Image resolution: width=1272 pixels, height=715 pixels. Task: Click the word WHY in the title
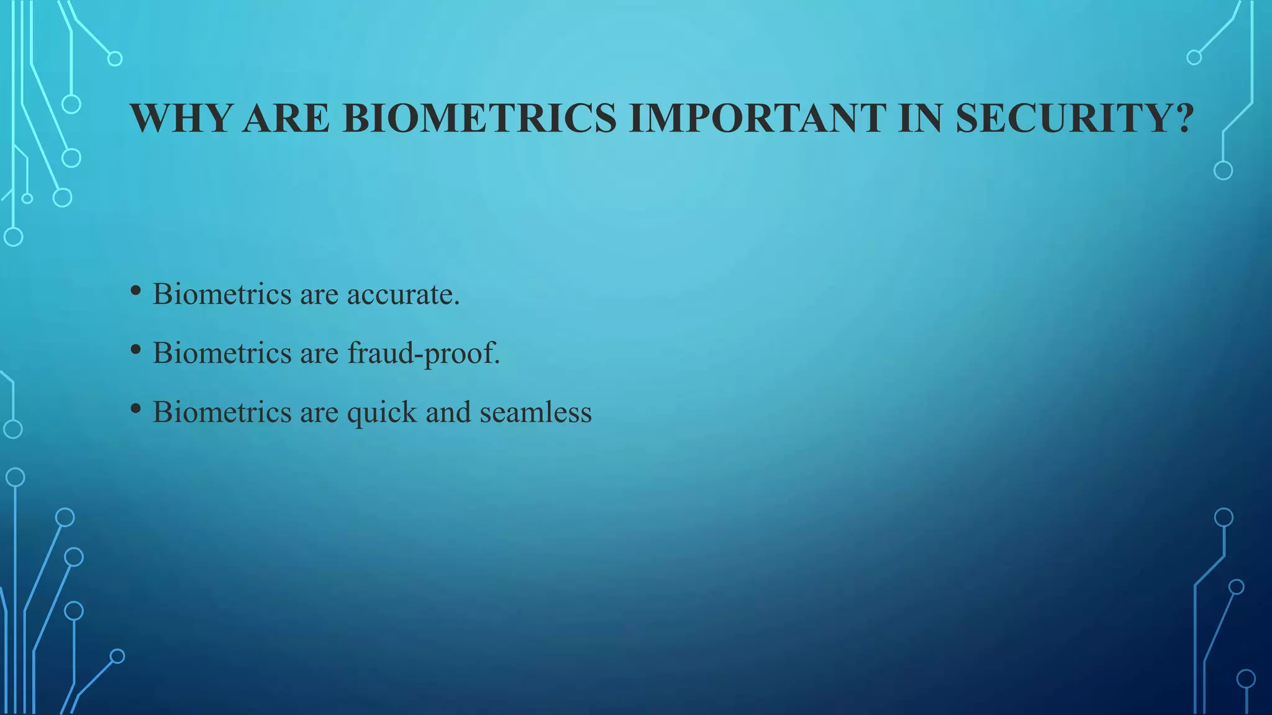coord(181,118)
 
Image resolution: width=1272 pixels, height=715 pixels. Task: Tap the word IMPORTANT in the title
coord(758,118)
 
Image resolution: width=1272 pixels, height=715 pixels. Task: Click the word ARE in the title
coord(286,118)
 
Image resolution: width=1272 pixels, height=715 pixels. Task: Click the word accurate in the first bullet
coord(403,295)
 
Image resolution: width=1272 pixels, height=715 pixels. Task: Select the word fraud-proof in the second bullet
coord(423,354)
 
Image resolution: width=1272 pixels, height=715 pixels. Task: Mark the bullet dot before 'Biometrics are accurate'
coord(136,290)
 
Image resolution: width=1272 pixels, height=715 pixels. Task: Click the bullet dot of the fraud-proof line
coord(136,349)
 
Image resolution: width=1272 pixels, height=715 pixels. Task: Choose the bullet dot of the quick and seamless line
coord(136,408)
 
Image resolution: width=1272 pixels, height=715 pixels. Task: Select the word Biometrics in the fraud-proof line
coord(222,354)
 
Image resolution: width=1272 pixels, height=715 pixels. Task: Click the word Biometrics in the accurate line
coord(222,295)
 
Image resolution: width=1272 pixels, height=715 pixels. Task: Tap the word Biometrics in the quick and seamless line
coord(222,413)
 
